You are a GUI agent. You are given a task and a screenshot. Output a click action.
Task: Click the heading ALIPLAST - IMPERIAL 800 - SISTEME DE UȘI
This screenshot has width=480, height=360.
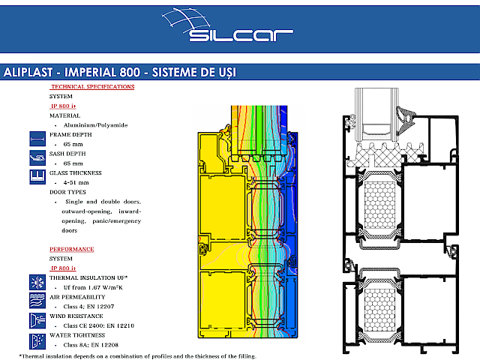coord(120,73)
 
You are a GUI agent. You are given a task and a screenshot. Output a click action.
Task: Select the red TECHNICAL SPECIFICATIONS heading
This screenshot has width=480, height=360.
coord(92,87)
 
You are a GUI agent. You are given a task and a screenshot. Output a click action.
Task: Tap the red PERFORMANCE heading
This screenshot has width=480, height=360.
coord(72,248)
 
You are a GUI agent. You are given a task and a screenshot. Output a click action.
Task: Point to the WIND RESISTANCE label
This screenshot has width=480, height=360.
coord(77,316)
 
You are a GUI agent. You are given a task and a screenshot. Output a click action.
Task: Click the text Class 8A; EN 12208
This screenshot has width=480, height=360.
coord(94,344)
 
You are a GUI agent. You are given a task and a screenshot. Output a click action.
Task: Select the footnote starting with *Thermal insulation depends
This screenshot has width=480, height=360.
coord(137,355)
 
